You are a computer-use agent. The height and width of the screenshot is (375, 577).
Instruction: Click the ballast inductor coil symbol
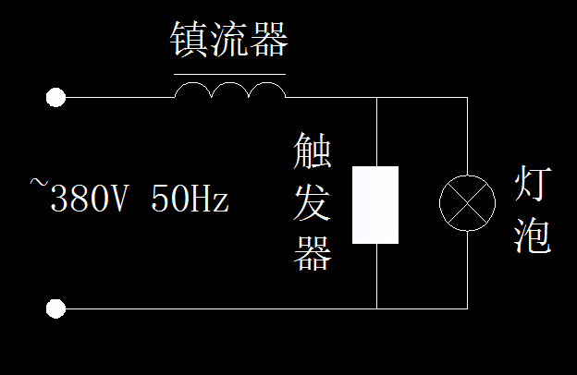tap(229, 90)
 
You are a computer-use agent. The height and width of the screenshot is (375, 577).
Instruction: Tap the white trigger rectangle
tap(375, 205)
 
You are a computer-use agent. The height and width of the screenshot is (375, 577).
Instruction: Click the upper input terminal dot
tap(56, 96)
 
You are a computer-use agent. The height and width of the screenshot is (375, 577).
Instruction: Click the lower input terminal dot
tap(56, 308)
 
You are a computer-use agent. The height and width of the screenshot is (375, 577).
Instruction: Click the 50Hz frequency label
tap(189, 199)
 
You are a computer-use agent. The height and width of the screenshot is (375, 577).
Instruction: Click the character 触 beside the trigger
tap(313, 151)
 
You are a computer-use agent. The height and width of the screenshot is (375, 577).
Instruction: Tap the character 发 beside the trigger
tap(313, 203)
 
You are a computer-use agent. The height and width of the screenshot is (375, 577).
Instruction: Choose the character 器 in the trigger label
tap(313, 254)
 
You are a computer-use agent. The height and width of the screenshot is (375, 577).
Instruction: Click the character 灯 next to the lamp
tap(534, 186)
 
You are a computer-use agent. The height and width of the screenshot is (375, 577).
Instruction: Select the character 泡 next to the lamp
tap(534, 236)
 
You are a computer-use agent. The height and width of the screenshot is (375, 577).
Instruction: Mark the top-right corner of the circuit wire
tap(467, 96)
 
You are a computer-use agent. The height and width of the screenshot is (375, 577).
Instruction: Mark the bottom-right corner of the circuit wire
tap(467, 308)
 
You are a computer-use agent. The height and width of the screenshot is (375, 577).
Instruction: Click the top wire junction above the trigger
tap(377, 96)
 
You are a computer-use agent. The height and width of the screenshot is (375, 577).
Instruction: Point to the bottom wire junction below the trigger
tap(377, 308)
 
